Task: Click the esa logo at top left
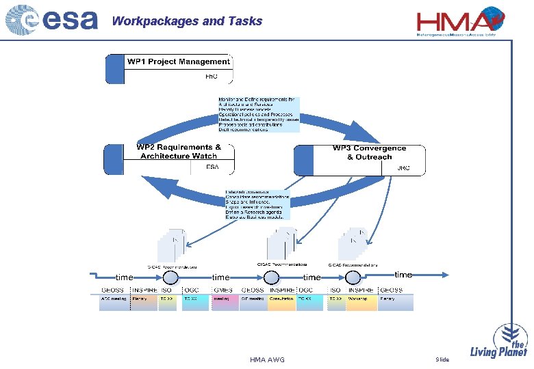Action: pos(51,20)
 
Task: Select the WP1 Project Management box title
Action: pos(179,61)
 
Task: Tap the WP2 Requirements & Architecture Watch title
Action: pos(179,151)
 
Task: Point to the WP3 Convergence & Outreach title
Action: pos(369,152)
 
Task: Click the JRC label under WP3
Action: pos(403,168)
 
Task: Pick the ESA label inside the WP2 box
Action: pos(212,166)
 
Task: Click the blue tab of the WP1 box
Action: pos(113,69)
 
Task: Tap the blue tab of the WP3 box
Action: pos(303,160)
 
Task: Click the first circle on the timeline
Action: pos(170,277)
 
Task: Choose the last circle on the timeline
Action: pos(353,277)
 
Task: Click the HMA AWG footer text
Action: pos(267,359)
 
